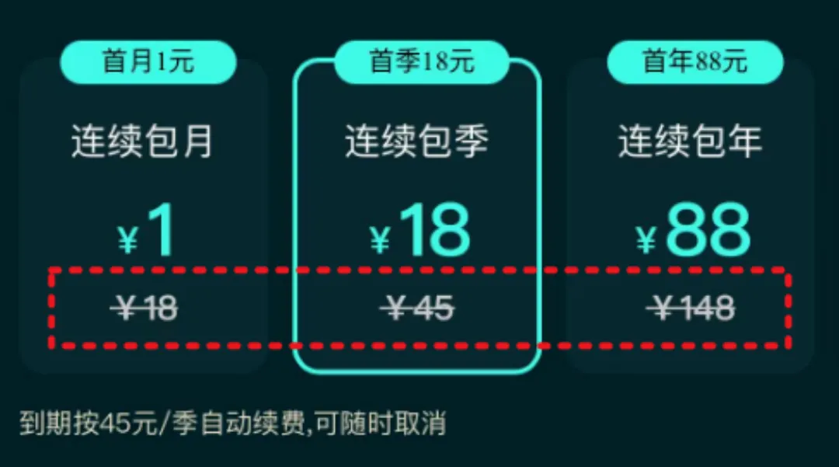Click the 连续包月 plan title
click(x=142, y=143)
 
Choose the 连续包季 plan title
click(x=416, y=143)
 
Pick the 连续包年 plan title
click(x=690, y=143)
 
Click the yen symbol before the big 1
click(x=127, y=240)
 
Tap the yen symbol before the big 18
click(x=380, y=240)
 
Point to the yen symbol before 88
click(x=646, y=240)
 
